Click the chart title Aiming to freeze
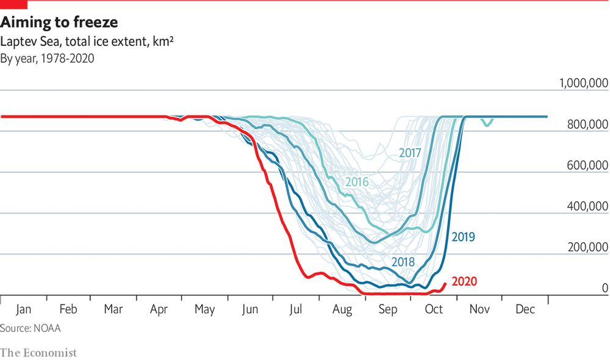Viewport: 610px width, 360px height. [59, 23]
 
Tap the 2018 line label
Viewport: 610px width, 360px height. [403, 262]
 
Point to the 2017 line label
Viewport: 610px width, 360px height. [411, 153]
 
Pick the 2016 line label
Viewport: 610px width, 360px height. [357, 181]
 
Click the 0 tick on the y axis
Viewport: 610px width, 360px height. [605, 288]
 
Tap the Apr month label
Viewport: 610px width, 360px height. [159, 309]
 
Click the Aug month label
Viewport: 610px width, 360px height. [342, 309]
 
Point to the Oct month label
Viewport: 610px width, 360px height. [433, 309]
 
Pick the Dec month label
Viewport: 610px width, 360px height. [525, 309]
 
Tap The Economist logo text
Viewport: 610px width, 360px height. [38, 352]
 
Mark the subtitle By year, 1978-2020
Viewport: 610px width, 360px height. [47, 59]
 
